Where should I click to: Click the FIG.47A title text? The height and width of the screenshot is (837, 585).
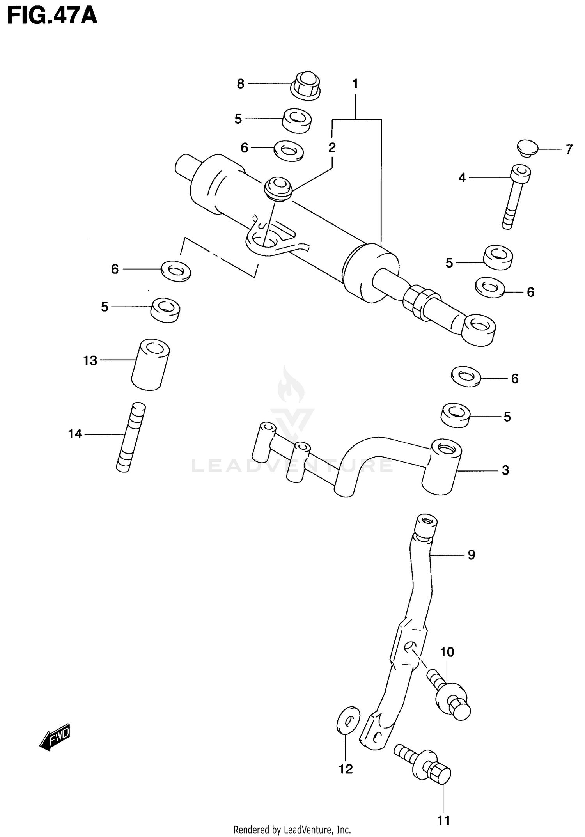(52, 16)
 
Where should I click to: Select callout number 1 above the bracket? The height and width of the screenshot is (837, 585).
(355, 84)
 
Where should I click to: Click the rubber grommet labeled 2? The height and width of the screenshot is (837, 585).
(278, 188)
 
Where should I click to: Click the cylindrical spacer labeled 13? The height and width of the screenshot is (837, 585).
(150, 364)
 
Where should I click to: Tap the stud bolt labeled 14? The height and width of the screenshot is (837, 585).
(131, 437)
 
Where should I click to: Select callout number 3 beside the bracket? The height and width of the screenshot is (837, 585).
(505, 470)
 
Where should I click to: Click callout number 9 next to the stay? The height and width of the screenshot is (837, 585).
(471, 554)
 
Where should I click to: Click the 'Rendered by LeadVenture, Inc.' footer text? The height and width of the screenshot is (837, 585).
(292, 830)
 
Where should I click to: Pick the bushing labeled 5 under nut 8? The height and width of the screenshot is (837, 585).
(297, 120)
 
